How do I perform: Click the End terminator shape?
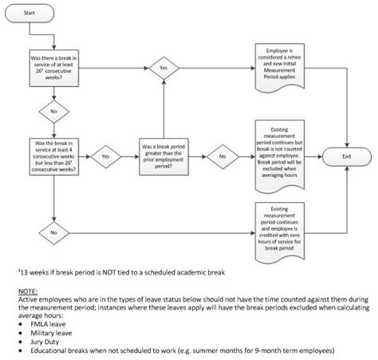point(345,156)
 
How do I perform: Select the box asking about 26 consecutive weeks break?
point(52,69)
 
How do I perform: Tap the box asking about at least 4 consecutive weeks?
point(52,156)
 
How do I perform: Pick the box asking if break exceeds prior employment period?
point(163,156)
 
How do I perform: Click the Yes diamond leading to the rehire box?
point(163,69)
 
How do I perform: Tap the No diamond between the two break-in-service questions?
point(52,112)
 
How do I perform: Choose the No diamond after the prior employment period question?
point(222,156)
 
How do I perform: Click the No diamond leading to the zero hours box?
point(52,232)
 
